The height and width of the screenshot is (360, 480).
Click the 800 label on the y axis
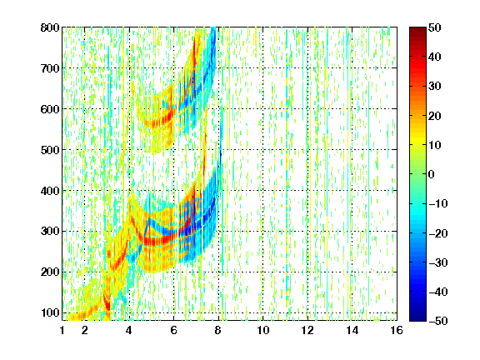point(50,27)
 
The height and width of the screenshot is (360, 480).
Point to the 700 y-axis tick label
point(50,68)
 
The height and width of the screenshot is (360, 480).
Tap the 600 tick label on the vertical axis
point(50,109)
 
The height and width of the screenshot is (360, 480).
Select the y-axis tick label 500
point(50,150)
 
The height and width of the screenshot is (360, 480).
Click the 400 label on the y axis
point(50,191)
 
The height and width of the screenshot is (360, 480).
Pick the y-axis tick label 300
point(50,232)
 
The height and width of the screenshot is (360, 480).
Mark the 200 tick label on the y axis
point(50,272)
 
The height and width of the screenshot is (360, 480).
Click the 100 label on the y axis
point(50,312)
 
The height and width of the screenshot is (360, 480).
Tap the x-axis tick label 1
point(62,330)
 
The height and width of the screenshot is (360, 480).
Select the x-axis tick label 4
point(129,330)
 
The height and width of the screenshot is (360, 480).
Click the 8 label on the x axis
point(218,330)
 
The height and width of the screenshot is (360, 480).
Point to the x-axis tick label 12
point(307,330)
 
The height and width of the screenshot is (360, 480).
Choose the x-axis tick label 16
point(397,330)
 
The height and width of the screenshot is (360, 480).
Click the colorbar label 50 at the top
point(435,27)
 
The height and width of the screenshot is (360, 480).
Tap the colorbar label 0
point(432,174)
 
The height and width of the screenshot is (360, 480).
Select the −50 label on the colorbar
point(438,321)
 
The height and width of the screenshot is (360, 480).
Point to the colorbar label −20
point(438,233)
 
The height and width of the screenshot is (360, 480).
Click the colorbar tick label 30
point(435,87)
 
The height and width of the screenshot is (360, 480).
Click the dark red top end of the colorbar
point(417,30)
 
